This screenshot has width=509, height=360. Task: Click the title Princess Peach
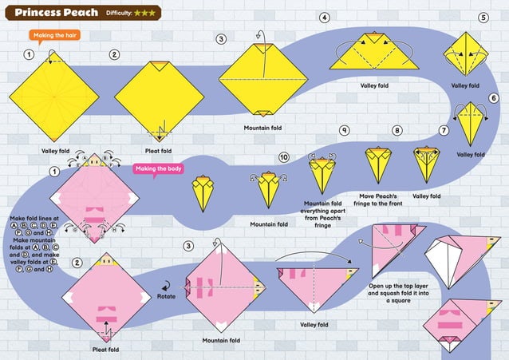[x=56, y=13]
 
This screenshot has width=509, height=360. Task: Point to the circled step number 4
[x=324, y=18]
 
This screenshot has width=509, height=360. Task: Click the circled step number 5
[x=483, y=18]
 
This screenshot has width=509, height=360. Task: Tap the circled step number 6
[x=493, y=98]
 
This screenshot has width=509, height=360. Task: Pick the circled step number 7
[x=444, y=129]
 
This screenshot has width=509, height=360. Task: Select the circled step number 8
[x=397, y=130]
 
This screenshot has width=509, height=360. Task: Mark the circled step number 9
[x=344, y=130]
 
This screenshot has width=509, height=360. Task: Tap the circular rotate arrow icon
[x=167, y=283]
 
